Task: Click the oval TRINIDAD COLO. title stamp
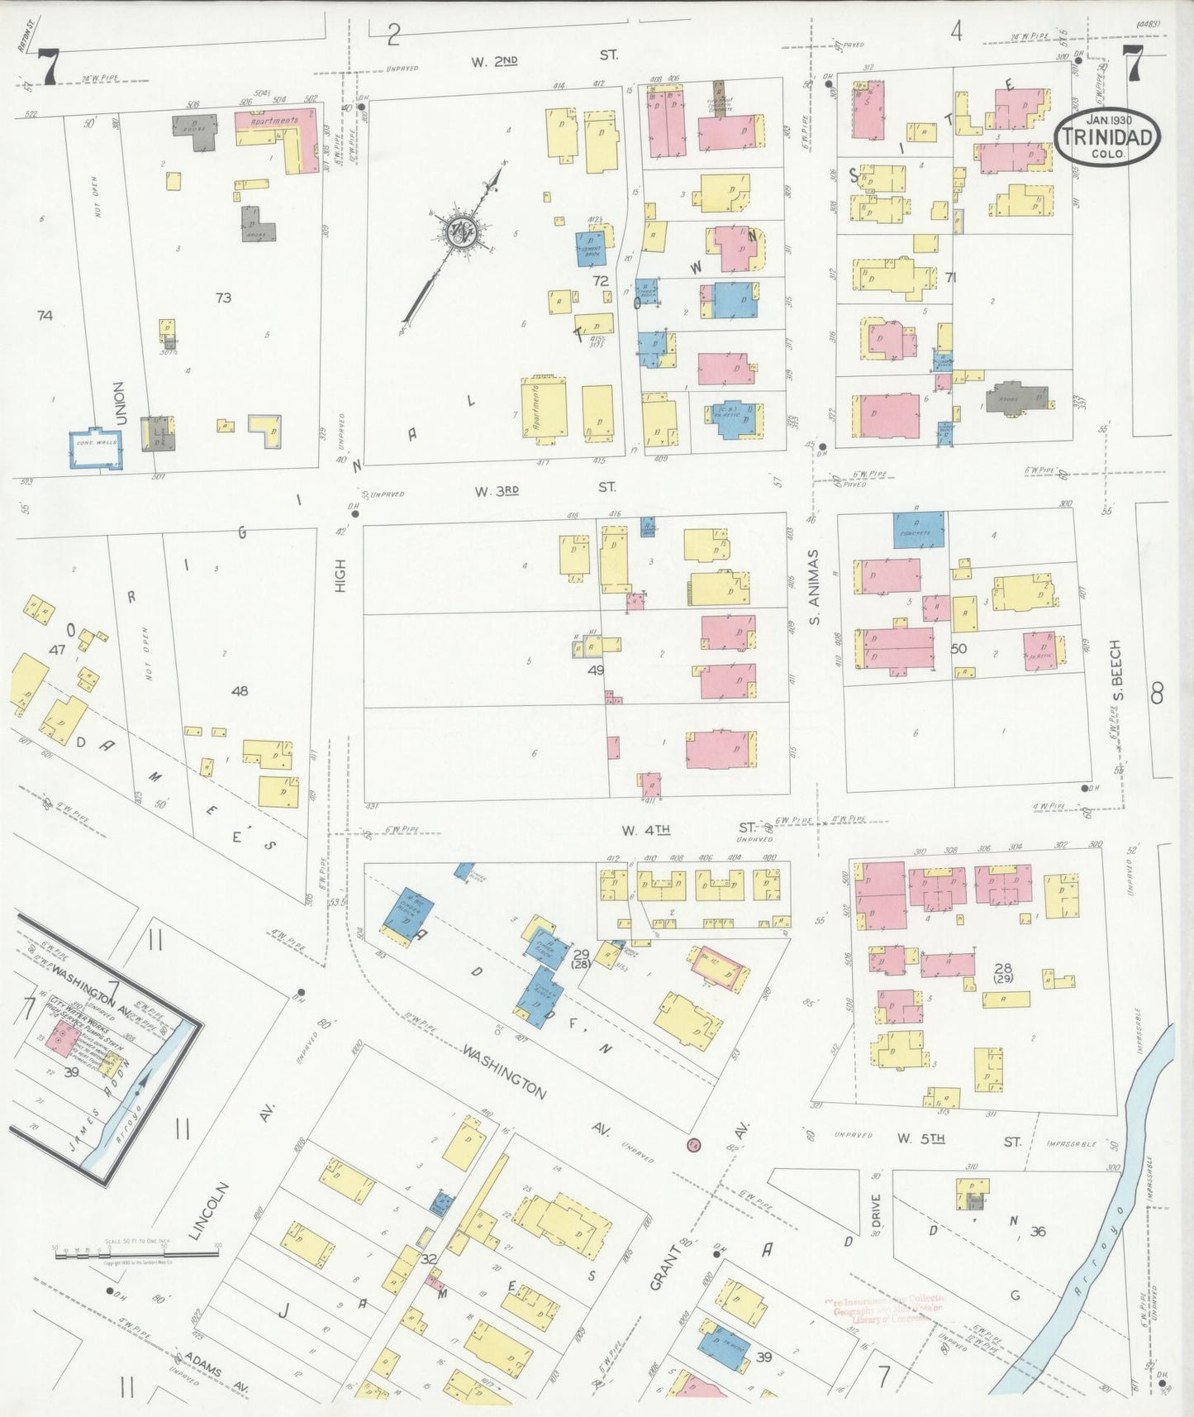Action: click(x=1106, y=136)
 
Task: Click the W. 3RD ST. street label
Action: click(x=544, y=489)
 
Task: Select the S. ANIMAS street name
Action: click(x=814, y=586)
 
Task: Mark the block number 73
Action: click(x=223, y=298)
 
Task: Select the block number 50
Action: click(x=959, y=649)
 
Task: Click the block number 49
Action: click(x=596, y=670)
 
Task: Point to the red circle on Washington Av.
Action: click(x=693, y=1144)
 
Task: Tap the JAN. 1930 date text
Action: click(x=1108, y=120)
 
